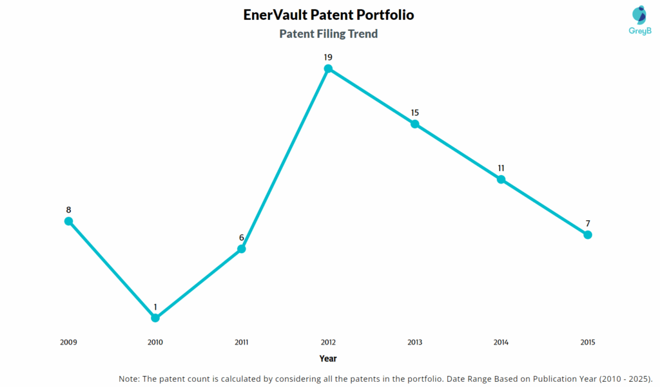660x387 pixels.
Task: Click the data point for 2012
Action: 328,68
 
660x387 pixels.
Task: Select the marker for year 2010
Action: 155,317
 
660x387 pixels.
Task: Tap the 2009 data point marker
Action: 68,221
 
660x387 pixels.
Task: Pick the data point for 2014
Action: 501,179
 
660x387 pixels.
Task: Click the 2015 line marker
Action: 588,234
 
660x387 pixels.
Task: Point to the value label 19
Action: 328,57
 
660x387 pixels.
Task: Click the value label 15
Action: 414,113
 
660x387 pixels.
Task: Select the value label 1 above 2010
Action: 155,307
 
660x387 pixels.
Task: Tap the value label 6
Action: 242,238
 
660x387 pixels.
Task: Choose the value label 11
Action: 501,168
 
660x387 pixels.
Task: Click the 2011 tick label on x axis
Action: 242,343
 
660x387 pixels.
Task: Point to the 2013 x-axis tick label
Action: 414,343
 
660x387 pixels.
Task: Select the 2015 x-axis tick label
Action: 587,343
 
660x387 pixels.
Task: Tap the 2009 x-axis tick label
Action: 68,343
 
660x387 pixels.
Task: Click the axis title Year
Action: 328,359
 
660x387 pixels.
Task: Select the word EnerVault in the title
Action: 275,14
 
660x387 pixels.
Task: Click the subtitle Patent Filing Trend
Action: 328,34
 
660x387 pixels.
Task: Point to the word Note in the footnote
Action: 131,378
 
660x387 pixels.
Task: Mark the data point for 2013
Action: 414,124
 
